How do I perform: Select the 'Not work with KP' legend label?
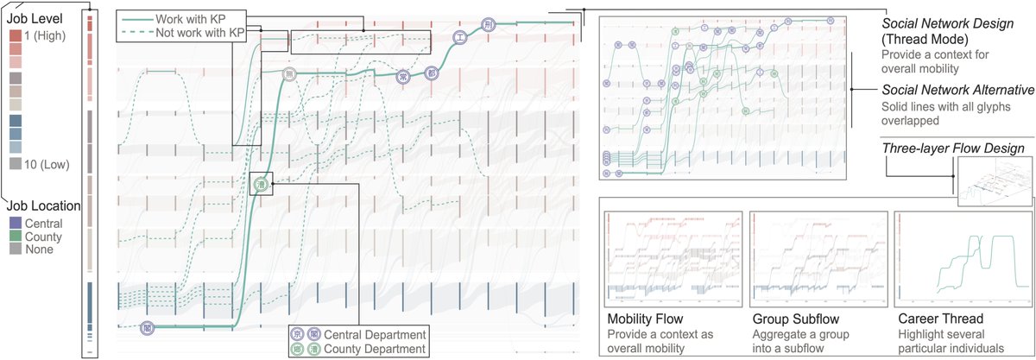(x=199, y=31)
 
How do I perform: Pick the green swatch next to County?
(x=15, y=236)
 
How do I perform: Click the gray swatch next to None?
(x=15, y=249)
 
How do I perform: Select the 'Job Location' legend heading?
(x=44, y=206)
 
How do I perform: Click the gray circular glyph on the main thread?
(x=292, y=73)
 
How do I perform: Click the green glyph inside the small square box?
(x=260, y=183)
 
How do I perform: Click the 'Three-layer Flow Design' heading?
(x=952, y=148)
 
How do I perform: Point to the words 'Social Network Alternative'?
(x=957, y=91)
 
